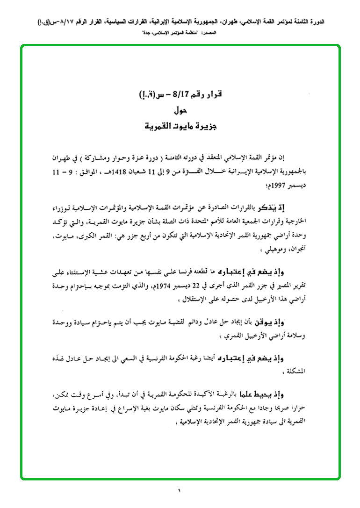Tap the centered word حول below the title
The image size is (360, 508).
tap(180, 111)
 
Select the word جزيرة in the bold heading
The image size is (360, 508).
tap(206, 126)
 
